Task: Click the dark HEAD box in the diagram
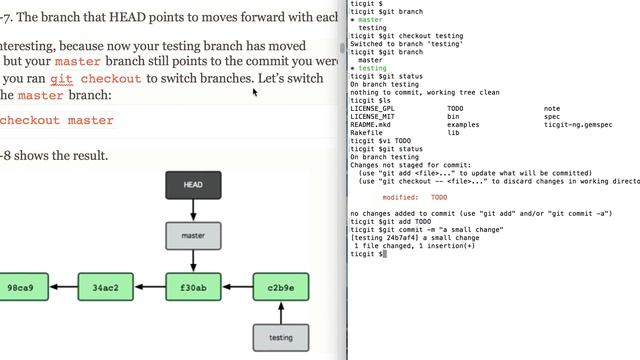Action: click(193, 185)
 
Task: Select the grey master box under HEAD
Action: click(193, 236)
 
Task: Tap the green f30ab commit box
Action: click(193, 288)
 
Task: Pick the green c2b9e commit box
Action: click(280, 288)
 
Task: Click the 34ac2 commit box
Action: click(105, 288)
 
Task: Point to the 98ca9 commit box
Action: click(20, 288)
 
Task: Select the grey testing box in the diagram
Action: click(280, 338)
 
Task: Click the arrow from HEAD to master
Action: click(193, 210)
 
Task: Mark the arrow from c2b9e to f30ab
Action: click(237, 288)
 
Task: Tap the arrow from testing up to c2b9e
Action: click(280, 313)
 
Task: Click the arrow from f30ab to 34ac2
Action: click(149, 288)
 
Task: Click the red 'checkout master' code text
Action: click(57, 121)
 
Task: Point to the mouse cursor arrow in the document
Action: click(255, 92)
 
